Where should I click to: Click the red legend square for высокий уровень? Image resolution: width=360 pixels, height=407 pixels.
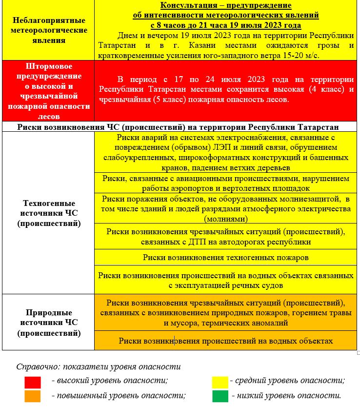pos(33,382)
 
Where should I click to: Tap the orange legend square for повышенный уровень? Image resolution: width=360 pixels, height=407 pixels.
pos(33,396)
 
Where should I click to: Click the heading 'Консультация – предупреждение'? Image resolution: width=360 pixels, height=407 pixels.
pos(226,6)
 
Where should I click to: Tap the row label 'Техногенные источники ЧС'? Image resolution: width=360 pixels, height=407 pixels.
pos(49,213)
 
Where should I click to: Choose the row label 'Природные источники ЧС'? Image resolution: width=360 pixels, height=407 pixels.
pos(49,323)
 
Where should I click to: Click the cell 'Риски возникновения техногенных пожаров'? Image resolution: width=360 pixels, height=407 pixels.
pos(225,257)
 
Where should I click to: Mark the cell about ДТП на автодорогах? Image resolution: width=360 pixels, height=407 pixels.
pos(225,236)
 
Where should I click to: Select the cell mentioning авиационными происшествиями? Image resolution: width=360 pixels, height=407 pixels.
pos(225,183)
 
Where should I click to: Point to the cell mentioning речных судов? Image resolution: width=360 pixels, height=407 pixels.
pos(225,280)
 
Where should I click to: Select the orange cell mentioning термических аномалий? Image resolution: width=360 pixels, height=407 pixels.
pos(225,313)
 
